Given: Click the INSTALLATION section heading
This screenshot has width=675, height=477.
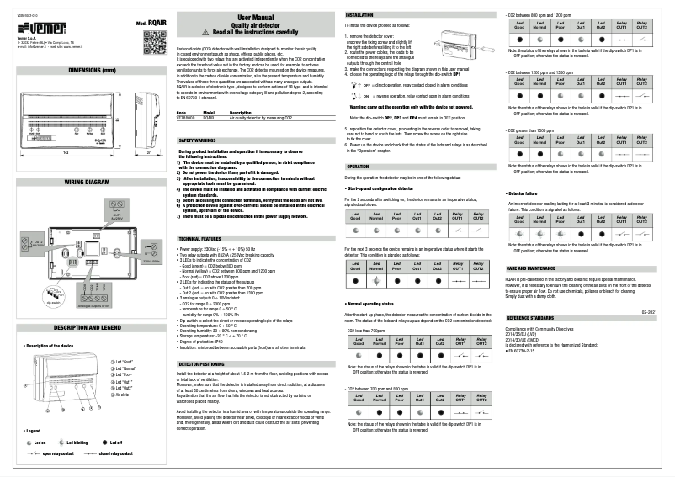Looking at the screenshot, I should tap(360, 15).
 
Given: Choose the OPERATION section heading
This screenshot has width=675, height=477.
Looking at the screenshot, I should tap(358, 167).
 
